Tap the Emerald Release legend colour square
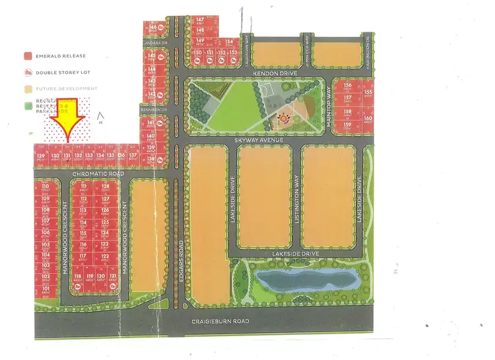pyautogui.click(x=28, y=56)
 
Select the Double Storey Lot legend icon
pyautogui.click(x=28, y=72)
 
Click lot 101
pyautogui.click(x=46, y=290)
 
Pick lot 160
pyautogui.click(x=368, y=120)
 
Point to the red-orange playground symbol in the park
pyautogui.click(x=284, y=119)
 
